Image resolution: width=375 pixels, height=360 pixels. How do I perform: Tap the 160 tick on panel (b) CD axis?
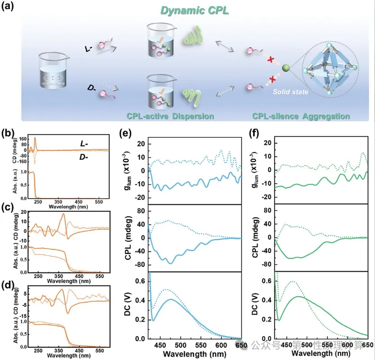pyautogui.click(x=21, y=139)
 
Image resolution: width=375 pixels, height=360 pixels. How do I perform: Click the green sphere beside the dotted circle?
pyautogui.click(x=285, y=69)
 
